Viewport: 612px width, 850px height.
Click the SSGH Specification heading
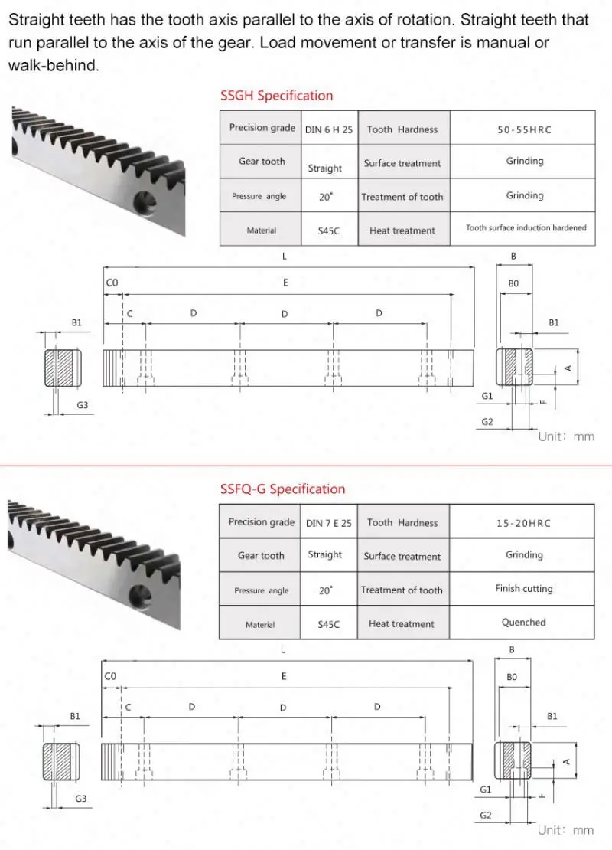pyautogui.click(x=276, y=96)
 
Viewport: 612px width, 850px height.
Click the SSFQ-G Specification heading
pyautogui.click(x=282, y=489)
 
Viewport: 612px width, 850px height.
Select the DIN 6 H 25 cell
pyautogui.click(x=329, y=129)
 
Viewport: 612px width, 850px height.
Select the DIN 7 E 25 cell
pyautogui.click(x=329, y=523)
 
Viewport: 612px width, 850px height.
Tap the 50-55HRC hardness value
pyautogui.click(x=523, y=129)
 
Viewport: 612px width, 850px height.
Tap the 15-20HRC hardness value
pyautogui.click(x=523, y=523)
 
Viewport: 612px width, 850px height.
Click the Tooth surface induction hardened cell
pyautogui.click(x=526, y=228)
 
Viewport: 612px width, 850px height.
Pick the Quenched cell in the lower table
pyautogui.click(x=523, y=623)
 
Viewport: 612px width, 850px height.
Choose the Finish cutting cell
pyautogui.click(x=523, y=589)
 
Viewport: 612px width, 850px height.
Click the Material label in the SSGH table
pyautogui.click(x=261, y=230)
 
